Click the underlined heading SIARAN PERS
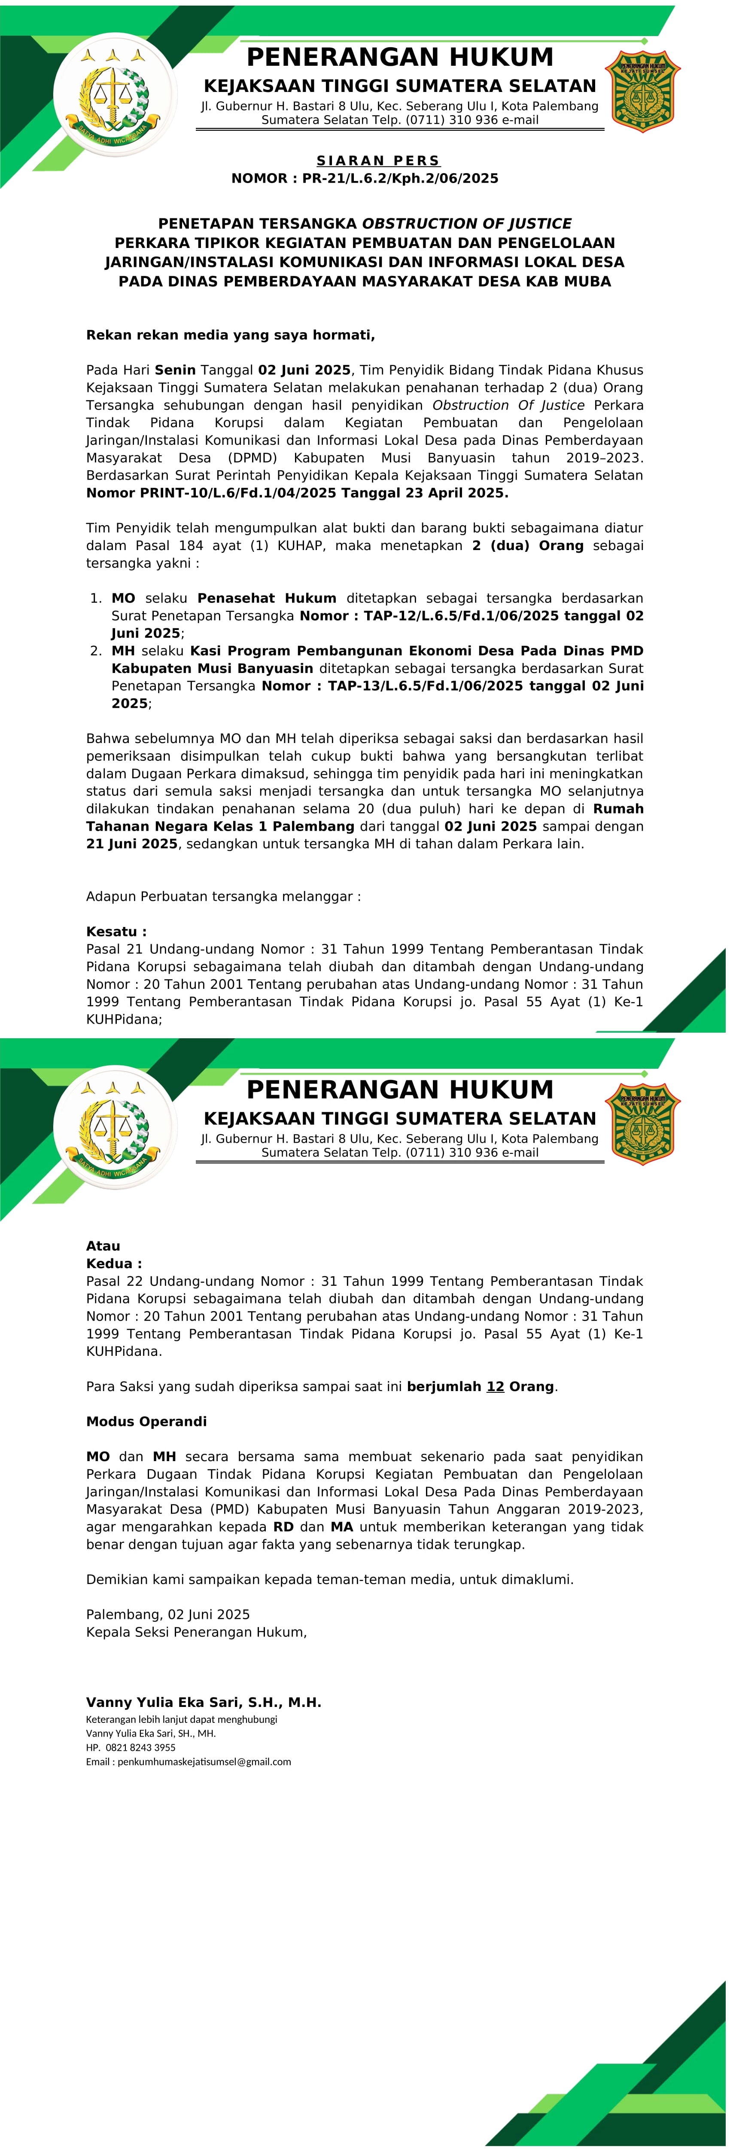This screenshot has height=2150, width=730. tap(378, 160)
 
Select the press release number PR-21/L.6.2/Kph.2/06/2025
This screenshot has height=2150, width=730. tap(400, 178)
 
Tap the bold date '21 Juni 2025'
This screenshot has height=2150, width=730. tap(132, 844)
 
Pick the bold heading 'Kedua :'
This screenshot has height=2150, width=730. tap(113, 1263)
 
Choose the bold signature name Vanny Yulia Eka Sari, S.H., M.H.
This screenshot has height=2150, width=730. tap(204, 1703)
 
